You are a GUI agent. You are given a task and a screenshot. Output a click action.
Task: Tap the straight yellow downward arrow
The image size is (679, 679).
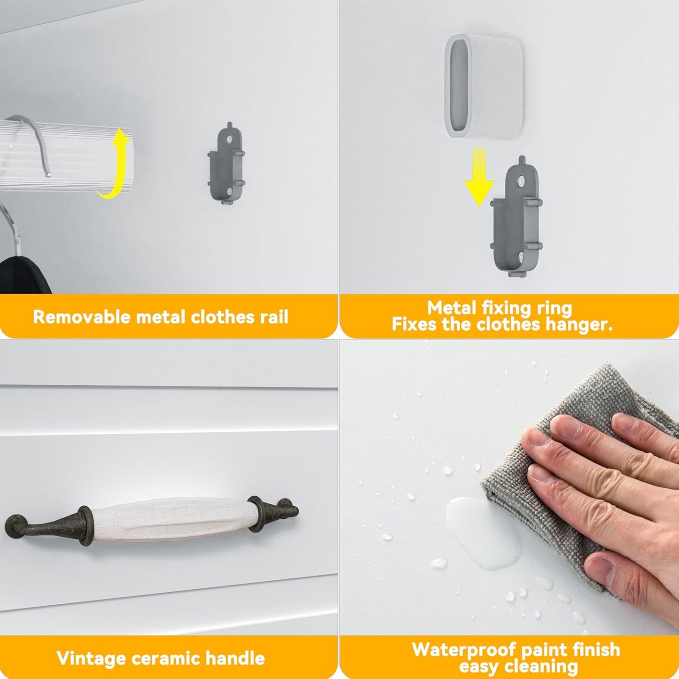click(479, 176)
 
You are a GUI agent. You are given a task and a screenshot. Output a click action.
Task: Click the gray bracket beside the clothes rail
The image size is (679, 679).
click(226, 164)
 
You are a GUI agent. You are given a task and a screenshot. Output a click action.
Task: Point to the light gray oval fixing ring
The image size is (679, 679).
click(484, 86)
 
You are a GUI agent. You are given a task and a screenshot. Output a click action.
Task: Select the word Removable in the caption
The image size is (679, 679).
click(82, 317)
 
